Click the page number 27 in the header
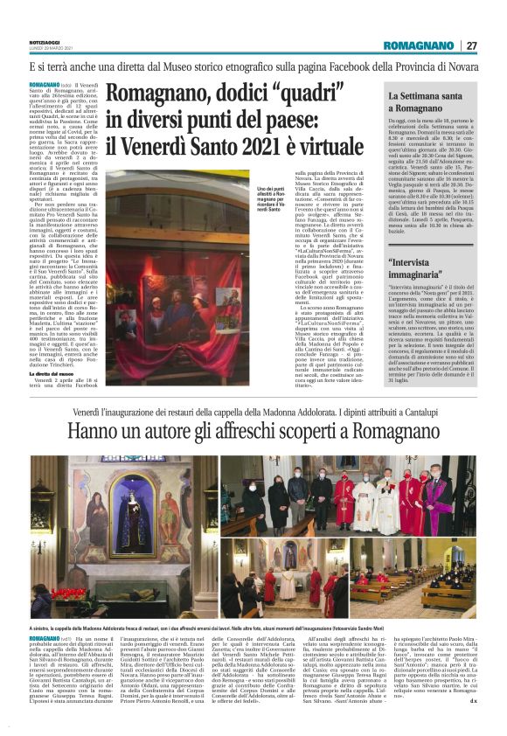[x=472, y=45]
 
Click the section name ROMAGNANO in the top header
[x=421, y=45]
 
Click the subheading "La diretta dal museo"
[x=56, y=372]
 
